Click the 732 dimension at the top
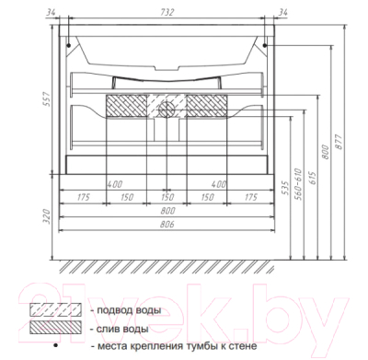coord(167,12)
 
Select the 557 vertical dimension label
coord(45,99)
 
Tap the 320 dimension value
coord(46,216)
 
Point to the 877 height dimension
coord(338,142)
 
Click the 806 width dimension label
coord(167,225)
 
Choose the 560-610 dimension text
coord(298,184)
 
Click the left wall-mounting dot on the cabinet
coord(69,46)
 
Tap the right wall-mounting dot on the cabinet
coord(265,46)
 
